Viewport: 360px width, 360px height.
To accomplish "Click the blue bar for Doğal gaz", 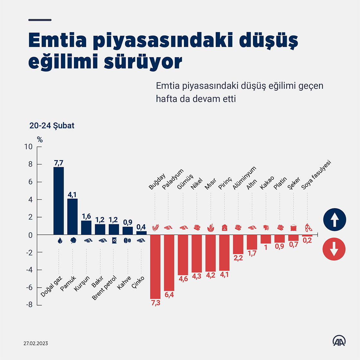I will (x=59, y=201).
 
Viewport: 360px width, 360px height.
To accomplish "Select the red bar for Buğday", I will (x=155, y=266).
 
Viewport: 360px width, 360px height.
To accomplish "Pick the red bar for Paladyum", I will (x=169, y=263).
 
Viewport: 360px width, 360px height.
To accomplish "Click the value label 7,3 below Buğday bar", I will (x=156, y=303).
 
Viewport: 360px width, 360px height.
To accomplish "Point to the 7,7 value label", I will (x=59, y=163).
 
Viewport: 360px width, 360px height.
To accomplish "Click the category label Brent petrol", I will (x=104, y=288).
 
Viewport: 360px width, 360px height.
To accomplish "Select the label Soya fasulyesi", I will (x=316, y=175).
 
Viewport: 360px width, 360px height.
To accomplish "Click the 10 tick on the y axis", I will (x=29, y=147).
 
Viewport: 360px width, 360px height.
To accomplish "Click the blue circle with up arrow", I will (x=335, y=220).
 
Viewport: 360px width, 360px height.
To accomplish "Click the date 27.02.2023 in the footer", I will (x=36, y=343).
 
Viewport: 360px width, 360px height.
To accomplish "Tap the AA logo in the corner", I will (x=339, y=341).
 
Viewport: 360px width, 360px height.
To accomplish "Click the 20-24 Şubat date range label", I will (x=52, y=125).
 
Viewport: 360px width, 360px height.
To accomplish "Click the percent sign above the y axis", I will (x=40, y=140).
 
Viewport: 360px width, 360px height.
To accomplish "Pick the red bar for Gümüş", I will (x=183, y=254).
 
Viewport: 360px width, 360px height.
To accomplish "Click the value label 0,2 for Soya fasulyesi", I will (x=307, y=240).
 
